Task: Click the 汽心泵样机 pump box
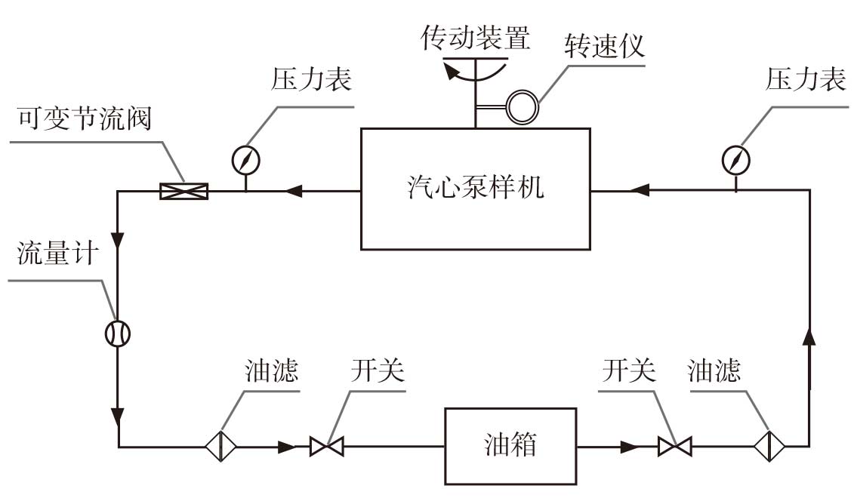coord(475,188)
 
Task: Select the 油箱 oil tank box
coord(510,445)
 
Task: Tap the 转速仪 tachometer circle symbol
coord(522,106)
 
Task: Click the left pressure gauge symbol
coord(246,159)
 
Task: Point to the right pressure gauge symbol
coord(736,158)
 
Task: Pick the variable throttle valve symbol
coord(184,192)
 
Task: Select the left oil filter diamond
coord(220,446)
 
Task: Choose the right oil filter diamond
coord(769,446)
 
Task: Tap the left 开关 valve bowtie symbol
coord(326,447)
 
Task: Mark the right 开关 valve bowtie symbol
coord(674,447)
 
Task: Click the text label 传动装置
coord(476,38)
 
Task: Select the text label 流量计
coord(57,254)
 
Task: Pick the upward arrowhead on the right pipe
coord(810,338)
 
